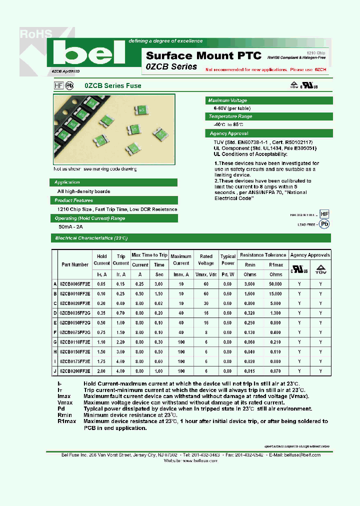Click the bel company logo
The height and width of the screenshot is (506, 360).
point(89,52)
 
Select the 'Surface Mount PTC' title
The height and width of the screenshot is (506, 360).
point(187,55)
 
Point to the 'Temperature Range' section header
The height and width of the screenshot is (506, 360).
point(230,116)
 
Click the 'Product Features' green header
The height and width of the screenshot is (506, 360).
point(74,200)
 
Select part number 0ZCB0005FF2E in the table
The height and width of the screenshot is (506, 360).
point(75,283)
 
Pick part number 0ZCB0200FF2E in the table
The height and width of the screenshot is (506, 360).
point(75,371)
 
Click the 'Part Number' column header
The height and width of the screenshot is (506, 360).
point(75,264)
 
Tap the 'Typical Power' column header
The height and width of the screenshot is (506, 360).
point(228,259)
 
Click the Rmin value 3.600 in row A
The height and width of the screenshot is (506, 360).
point(249,283)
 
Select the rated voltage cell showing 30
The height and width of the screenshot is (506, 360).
point(206,303)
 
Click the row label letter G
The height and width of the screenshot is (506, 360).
point(55,342)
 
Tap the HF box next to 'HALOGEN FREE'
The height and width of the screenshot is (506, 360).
point(324,214)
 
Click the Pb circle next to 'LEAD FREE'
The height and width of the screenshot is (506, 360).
point(324,225)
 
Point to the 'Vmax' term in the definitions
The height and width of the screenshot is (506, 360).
point(65,402)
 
